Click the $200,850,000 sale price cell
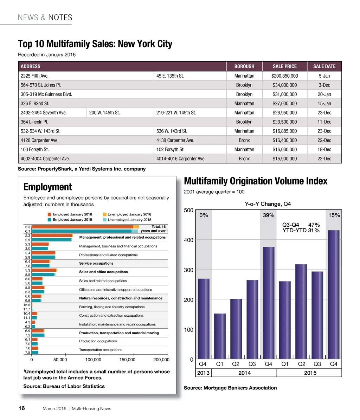click(x=284, y=76)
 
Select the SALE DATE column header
click(x=324, y=66)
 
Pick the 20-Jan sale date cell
click(x=324, y=94)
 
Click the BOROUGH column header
click(x=244, y=66)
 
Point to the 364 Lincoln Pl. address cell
click(x=34, y=122)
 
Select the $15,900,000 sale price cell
click(x=284, y=159)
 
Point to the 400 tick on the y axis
click(x=189, y=240)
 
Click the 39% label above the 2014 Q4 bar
click(x=269, y=215)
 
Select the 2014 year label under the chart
click(x=244, y=373)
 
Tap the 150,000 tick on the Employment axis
click(x=127, y=360)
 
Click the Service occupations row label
click(x=96, y=263)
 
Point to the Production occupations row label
click(x=98, y=341)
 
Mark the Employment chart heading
click(x=47, y=187)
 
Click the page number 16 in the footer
click(x=21, y=408)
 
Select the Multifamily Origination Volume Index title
click(x=256, y=181)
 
